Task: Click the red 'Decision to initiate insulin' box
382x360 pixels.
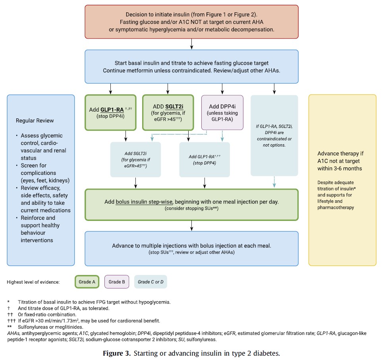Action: pos(191,22)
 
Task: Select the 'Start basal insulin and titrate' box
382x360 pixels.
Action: pos(191,66)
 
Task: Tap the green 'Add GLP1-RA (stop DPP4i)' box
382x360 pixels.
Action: pos(111,112)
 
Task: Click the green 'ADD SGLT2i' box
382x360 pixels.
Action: pos(168,112)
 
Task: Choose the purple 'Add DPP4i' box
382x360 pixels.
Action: pos(222,112)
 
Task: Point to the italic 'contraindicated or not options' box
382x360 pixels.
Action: pos(274,135)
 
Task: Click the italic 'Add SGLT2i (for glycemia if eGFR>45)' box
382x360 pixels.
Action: pos(135,160)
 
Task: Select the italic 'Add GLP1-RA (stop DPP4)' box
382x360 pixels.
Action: pos(205,160)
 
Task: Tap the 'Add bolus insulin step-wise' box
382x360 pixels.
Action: pos(191,205)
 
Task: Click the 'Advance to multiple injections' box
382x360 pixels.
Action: pos(191,249)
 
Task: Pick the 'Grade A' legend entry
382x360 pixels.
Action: pos(87,282)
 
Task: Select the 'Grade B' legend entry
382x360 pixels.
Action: pos(117,282)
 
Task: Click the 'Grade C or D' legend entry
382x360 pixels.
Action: pos(150,282)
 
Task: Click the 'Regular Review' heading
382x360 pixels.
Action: pos(35,121)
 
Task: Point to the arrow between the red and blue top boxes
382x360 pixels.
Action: pos(192,44)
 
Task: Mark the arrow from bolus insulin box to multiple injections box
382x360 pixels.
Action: pos(192,226)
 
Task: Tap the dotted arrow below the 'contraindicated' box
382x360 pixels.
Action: pos(274,182)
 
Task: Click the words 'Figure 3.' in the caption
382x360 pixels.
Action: pos(117,353)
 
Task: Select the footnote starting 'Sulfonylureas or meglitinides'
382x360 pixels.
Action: pos(50,327)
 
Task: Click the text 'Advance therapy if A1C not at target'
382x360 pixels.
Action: pos(340,157)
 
